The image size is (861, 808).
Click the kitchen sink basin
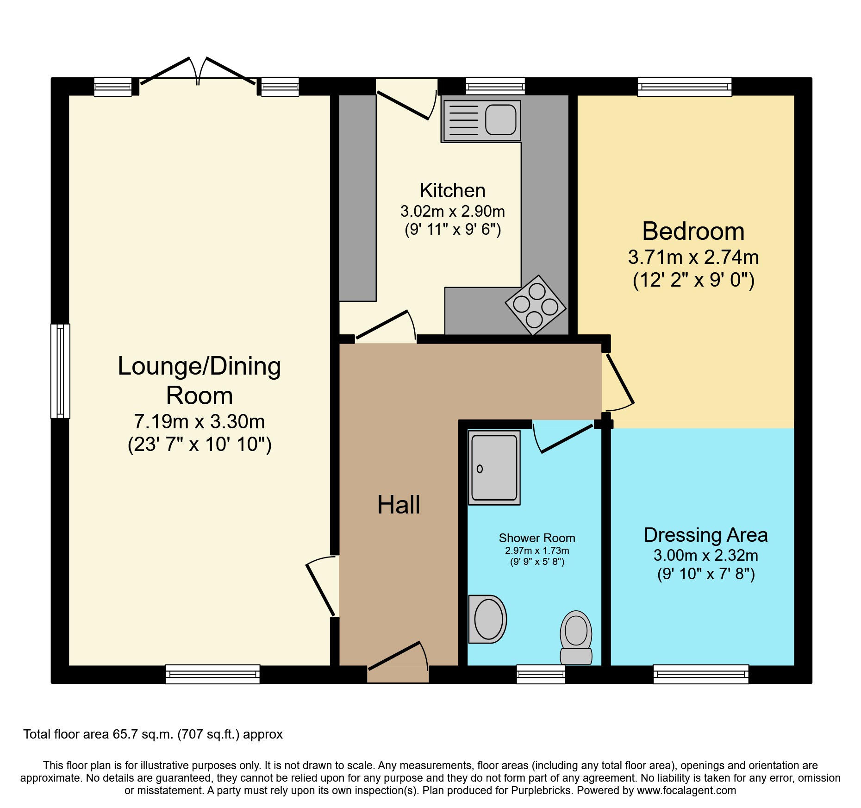[500, 119]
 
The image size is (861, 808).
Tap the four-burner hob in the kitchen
[536, 305]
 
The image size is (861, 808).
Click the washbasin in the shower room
[488, 619]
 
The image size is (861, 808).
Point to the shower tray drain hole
[480, 469]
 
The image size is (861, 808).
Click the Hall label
[399, 505]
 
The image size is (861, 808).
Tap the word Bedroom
[693, 231]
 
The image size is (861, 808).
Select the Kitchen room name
[453, 190]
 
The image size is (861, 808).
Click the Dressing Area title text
[705, 535]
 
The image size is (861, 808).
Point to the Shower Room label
[537, 538]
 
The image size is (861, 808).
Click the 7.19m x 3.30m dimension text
[200, 422]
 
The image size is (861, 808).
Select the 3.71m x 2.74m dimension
[693, 257]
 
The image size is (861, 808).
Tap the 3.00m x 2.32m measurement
[705, 555]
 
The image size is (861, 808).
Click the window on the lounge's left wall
[60, 371]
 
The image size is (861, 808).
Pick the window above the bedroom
[685, 87]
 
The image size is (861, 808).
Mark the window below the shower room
[541, 674]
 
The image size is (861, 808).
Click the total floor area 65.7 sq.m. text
[153, 734]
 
